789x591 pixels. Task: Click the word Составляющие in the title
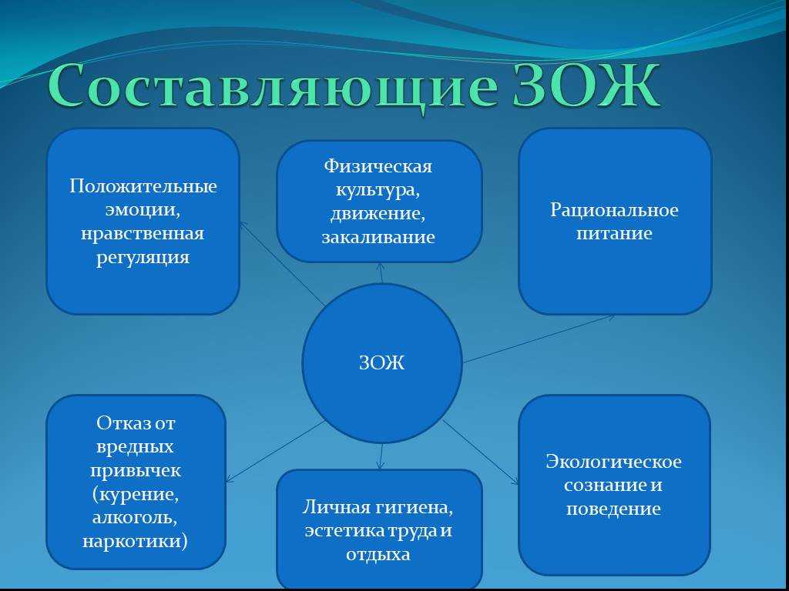click(274, 86)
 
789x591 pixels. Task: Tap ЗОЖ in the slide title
click(586, 84)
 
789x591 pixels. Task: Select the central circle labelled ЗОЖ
click(382, 363)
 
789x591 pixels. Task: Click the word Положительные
click(143, 186)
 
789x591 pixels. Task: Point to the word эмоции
click(143, 209)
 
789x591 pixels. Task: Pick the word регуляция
click(143, 257)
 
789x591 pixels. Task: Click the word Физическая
click(378, 166)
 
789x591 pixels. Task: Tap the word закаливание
click(378, 237)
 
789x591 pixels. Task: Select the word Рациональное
click(614, 210)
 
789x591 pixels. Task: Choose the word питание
click(614, 233)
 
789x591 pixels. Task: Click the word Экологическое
click(613, 462)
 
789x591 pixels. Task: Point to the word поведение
click(613, 509)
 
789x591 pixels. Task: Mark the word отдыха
click(378, 554)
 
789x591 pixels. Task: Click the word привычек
click(136, 471)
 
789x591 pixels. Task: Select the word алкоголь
click(135, 518)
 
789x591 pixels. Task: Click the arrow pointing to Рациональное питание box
click(539, 339)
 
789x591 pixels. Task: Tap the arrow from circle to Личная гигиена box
click(381, 456)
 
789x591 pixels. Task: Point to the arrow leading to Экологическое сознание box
click(481, 452)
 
